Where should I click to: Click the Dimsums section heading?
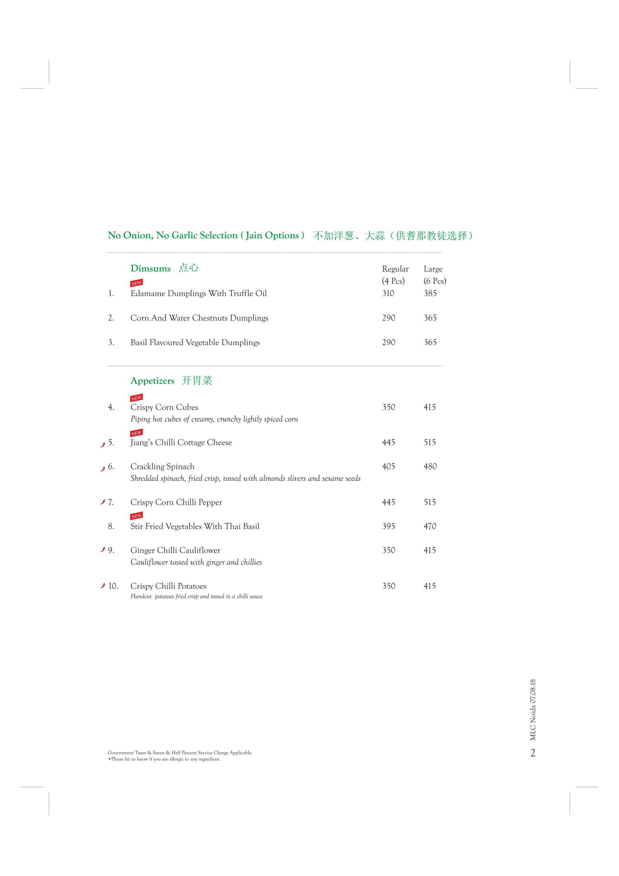pyautogui.click(x=150, y=269)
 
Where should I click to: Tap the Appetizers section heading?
pyautogui.click(x=152, y=381)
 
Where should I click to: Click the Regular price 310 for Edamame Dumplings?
pyautogui.click(x=388, y=293)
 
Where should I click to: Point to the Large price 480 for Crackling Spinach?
pyautogui.click(x=430, y=467)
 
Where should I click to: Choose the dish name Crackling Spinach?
pyautogui.click(x=162, y=467)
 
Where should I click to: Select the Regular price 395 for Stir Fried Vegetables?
pyautogui.click(x=388, y=526)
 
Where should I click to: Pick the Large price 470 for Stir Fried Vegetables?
pyautogui.click(x=430, y=526)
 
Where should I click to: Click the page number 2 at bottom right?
pyautogui.click(x=533, y=753)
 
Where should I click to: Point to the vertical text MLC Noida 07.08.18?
pyautogui.click(x=533, y=710)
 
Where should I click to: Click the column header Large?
pyautogui.click(x=433, y=269)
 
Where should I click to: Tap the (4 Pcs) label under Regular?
pyautogui.click(x=393, y=281)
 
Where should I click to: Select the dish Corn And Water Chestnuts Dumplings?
pyautogui.click(x=199, y=318)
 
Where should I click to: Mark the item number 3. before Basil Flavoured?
pyautogui.click(x=111, y=343)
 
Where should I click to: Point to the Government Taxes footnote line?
pyautogui.click(x=179, y=753)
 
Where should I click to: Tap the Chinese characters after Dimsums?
pyautogui.click(x=188, y=268)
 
